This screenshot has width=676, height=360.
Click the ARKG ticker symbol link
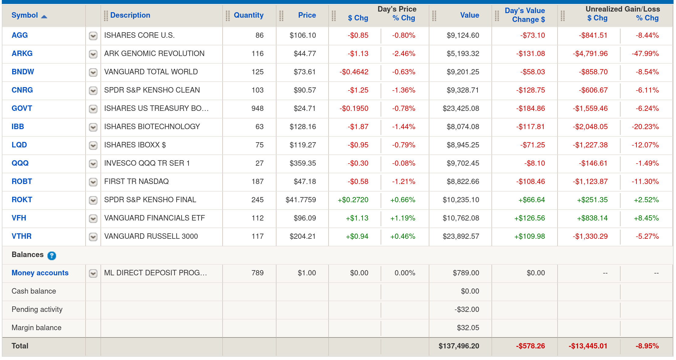pyautogui.click(x=22, y=54)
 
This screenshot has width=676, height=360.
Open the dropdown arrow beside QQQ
pyautogui.click(x=93, y=164)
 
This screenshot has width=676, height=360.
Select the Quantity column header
pyautogui.click(x=248, y=15)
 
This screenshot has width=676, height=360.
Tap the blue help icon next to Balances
pyautogui.click(x=52, y=256)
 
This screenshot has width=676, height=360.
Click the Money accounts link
pyautogui.click(x=40, y=273)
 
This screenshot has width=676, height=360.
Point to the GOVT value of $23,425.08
pyautogui.click(x=461, y=108)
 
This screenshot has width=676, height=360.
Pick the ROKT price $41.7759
pyautogui.click(x=301, y=200)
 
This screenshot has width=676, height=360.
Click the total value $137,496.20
pyautogui.click(x=459, y=346)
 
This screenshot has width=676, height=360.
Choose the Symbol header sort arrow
pyautogui.click(x=44, y=17)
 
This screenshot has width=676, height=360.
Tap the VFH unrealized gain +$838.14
pyautogui.click(x=592, y=218)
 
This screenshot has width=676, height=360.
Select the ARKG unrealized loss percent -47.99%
pyautogui.click(x=645, y=54)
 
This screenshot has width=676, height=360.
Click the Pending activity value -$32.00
pyautogui.click(x=467, y=309)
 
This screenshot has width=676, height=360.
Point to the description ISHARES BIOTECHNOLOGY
pyautogui.click(x=152, y=127)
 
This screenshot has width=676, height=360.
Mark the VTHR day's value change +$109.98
pyautogui.click(x=530, y=236)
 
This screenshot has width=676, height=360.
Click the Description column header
pyautogui.click(x=130, y=15)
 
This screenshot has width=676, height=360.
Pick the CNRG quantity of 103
pyautogui.click(x=258, y=90)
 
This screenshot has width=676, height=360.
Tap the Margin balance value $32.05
pyautogui.click(x=468, y=328)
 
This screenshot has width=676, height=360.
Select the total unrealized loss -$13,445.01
pyautogui.click(x=588, y=346)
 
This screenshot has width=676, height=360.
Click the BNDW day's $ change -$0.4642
pyautogui.click(x=354, y=72)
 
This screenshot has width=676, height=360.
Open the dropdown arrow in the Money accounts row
pyautogui.click(x=93, y=274)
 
